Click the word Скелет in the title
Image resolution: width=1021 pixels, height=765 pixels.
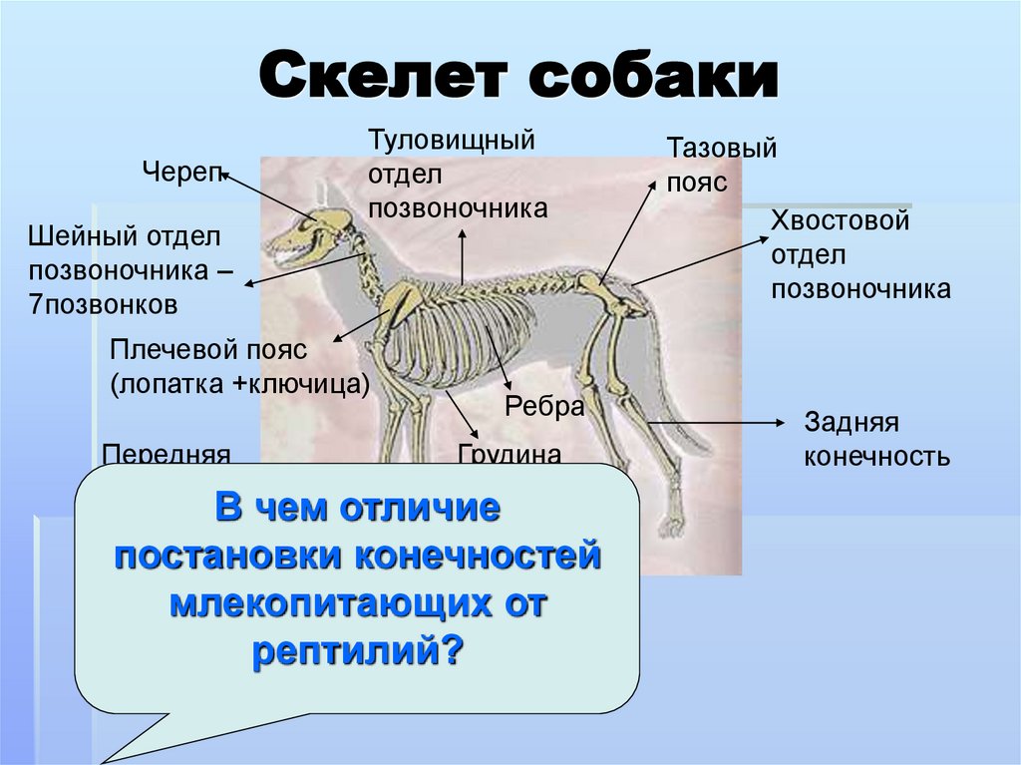[x=385, y=79]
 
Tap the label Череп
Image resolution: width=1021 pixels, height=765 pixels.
[x=181, y=171]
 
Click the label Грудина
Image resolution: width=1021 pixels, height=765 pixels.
[x=510, y=454]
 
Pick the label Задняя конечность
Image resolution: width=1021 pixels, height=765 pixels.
[x=875, y=440]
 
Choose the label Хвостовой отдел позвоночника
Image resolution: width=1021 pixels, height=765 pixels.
[x=859, y=254]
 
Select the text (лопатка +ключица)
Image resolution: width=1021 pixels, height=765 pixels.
[x=240, y=384]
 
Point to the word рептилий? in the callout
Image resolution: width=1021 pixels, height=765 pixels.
[x=358, y=652]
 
